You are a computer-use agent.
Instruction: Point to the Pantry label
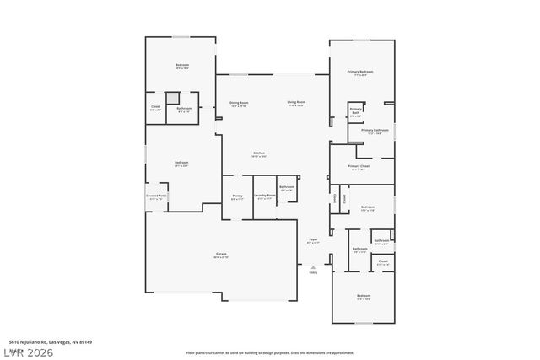237,197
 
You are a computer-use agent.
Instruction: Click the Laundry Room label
265,196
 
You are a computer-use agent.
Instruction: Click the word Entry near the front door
313,271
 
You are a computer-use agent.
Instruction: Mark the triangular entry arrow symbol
313,266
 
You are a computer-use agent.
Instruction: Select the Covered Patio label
157,196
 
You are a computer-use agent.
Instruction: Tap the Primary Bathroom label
375,131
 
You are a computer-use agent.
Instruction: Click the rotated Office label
337,197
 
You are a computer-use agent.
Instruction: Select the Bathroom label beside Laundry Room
287,187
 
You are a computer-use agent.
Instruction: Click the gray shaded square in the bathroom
171,98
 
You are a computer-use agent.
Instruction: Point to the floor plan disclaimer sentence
270,352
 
